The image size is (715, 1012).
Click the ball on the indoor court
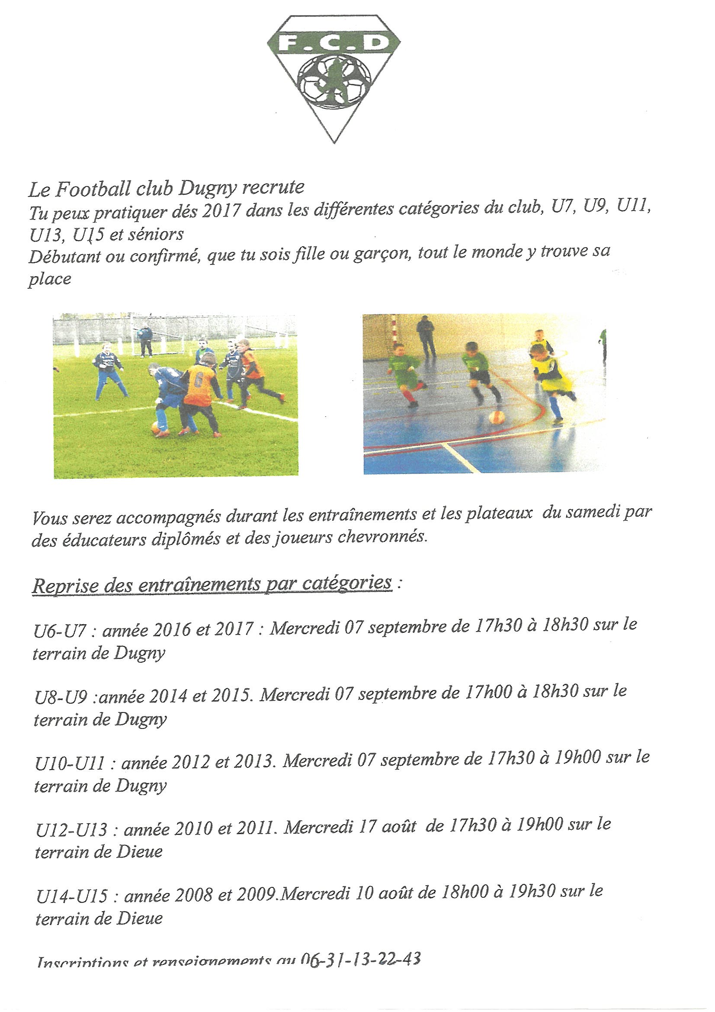click(497, 416)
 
